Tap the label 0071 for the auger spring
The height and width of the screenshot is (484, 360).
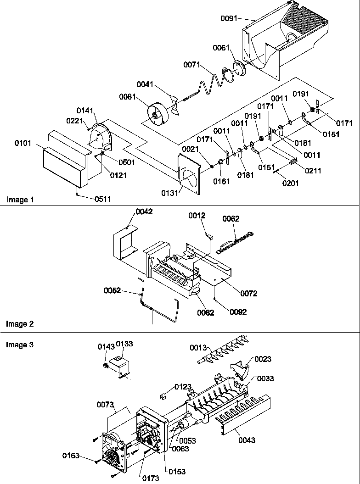pyautogui.click(x=192, y=65)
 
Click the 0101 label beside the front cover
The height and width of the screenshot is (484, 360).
pyautogui.click(x=23, y=143)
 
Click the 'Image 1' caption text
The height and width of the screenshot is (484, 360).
pyautogui.click(x=19, y=200)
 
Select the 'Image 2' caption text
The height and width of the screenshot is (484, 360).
pyautogui.click(x=19, y=324)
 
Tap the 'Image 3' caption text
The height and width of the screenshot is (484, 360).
pyautogui.click(x=19, y=345)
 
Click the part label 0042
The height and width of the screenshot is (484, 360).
pyautogui.click(x=144, y=212)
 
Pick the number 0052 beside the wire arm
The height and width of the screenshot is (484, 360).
pyautogui.click(x=112, y=290)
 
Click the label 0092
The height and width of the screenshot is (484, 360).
pyautogui.click(x=238, y=312)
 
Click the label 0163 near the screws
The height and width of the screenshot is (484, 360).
pyautogui.click(x=72, y=456)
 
